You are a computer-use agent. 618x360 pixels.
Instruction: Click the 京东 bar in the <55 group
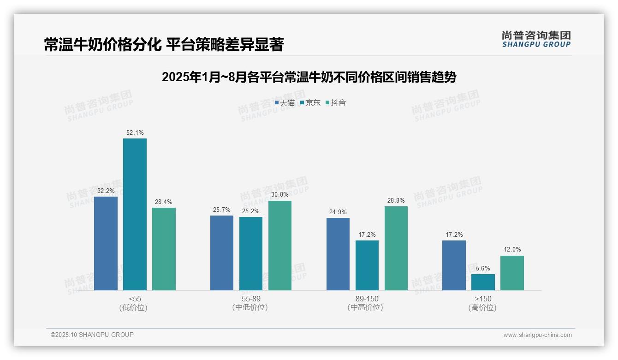point(135,214)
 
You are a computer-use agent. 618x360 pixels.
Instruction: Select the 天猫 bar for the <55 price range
point(106,243)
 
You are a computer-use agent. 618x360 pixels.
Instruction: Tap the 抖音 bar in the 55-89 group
point(280,246)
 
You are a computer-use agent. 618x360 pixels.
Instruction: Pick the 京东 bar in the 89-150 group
point(367,265)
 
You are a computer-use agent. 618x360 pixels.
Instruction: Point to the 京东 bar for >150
point(483,282)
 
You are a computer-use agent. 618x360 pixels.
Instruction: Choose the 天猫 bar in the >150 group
point(454,265)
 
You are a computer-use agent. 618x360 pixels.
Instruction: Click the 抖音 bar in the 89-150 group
point(396,248)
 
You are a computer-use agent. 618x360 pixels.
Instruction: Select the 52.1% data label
point(135,133)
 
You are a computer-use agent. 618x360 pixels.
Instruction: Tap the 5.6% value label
point(483,268)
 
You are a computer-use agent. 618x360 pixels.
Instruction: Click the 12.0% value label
point(512,250)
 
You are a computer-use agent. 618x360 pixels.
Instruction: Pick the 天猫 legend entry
point(285,103)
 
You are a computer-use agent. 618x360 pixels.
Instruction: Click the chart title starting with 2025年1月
point(309,77)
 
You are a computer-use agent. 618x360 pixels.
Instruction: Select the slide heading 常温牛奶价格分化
point(164,44)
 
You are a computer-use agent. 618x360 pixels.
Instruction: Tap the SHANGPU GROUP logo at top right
point(536,39)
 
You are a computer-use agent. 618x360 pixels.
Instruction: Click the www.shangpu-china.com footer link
point(537,335)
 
